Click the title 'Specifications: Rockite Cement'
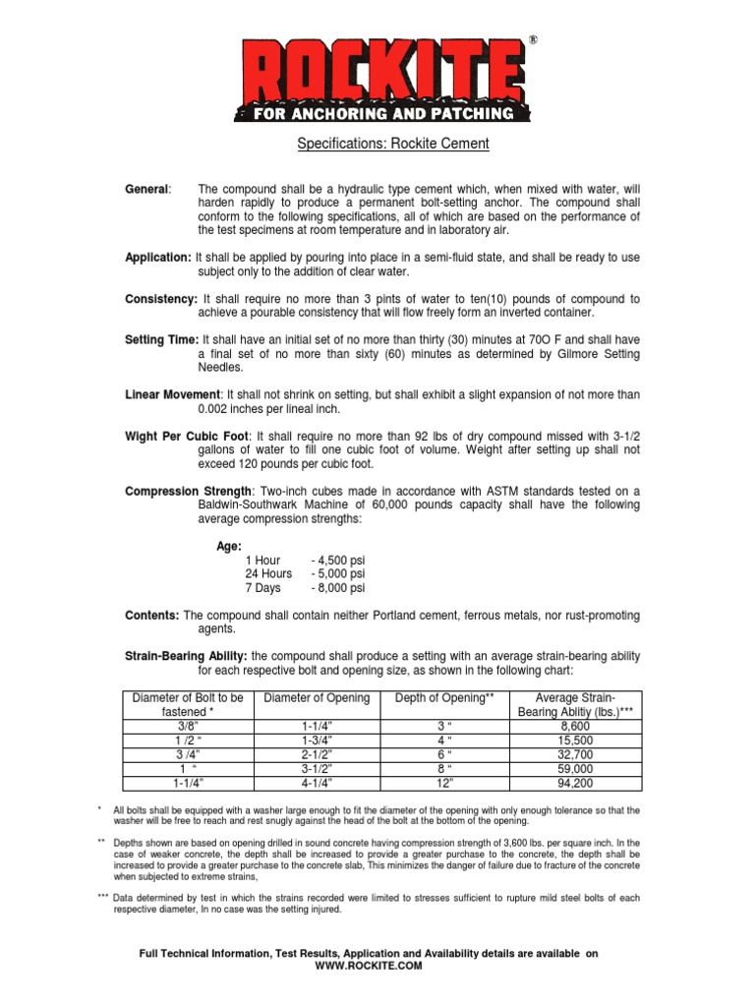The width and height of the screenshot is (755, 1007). [x=393, y=145]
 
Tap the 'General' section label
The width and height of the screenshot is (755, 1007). [x=147, y=188]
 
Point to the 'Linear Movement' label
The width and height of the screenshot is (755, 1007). [x=173, y=394]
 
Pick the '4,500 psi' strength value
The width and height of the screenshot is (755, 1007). [x=337, y=561]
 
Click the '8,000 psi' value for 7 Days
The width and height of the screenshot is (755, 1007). [x=337, y=588]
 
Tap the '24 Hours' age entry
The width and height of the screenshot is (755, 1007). [x=268, y=574]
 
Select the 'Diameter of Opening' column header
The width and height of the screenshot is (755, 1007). [x=313, y=698]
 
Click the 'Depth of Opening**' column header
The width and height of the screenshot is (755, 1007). [x=443, y=698]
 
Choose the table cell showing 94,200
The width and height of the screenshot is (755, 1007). [x=574, y=783]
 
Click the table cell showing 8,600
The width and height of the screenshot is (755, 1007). [x=574, y=727]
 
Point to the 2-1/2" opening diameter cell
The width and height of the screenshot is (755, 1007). [x=313, y=755]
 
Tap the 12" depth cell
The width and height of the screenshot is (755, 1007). [x=443, y=783]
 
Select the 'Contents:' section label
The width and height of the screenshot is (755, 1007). [x=152, y=615]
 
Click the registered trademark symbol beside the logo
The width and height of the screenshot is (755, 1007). [x=532, y=40]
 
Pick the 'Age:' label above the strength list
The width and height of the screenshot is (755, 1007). [x=229, y=546]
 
